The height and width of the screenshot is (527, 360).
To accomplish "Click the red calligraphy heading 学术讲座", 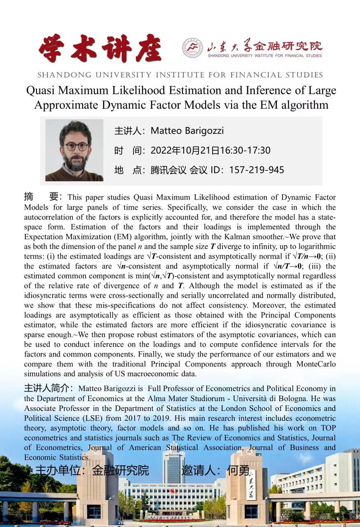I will point(100,49).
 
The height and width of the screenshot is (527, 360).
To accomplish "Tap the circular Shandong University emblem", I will point(193,48).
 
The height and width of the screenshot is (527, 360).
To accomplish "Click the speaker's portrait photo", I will point(74,150).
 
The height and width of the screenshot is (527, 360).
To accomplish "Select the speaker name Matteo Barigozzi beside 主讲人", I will point(187,131).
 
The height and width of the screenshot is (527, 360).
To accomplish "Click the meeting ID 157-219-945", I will point(257,170).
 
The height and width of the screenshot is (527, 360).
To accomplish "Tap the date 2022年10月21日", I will point(185,150).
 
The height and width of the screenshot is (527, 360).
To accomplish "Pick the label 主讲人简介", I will point(48,388).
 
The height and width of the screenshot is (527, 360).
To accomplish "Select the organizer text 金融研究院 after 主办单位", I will point(120,470).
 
